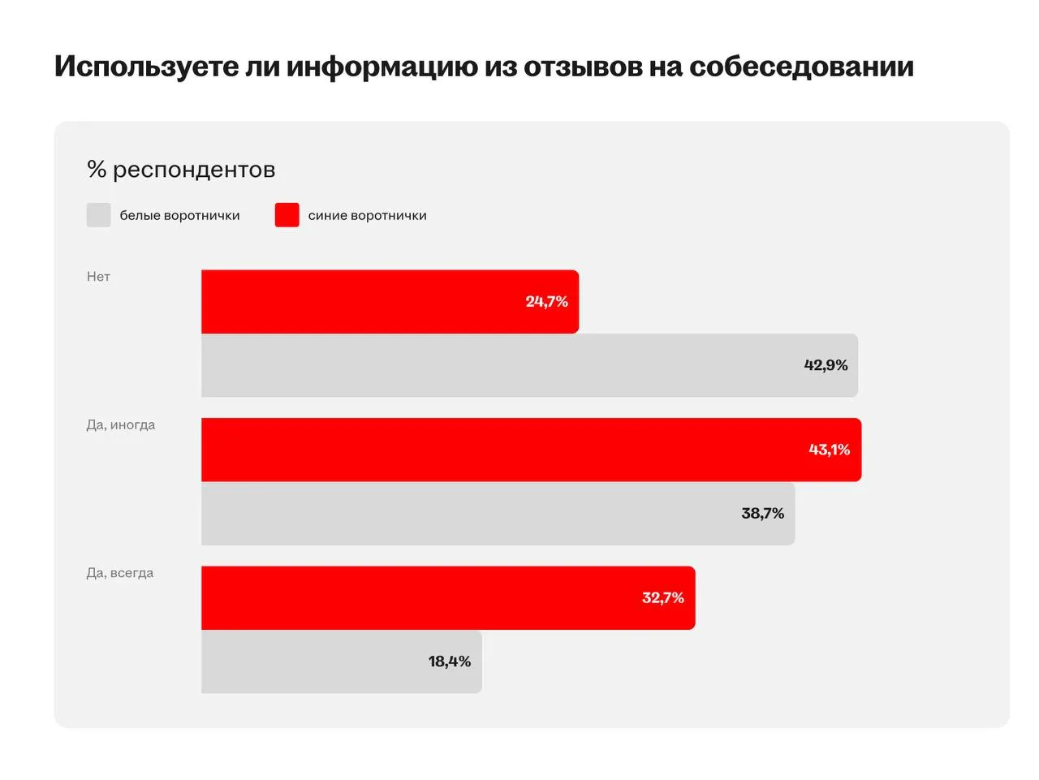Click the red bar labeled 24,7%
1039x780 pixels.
pyautogui.click(x=390, y=301)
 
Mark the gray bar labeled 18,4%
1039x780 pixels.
pyautogui.click(x=341, y=661)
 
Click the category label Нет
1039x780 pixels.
pyautogui.click(x=98, y=277)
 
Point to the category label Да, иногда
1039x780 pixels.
pyautogui.click(x=121, y=424)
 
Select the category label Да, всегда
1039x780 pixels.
pyautogui.click(x=120, y=573)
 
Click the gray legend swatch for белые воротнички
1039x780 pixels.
pyautogui.click(x=98, y=215)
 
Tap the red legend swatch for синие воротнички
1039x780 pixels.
pyautogui.click(x=287, y=215)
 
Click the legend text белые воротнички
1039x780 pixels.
pyautogui.click(x=179, y=216)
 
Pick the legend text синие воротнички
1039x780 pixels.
pyautogui.click(x=367, y=216)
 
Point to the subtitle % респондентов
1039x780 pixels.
pyautogui.click(x=181, y=170)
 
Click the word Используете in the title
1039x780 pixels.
pyautogui.click(x=146, y=67)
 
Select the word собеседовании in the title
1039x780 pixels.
pyautogui.click(x=801, y=67)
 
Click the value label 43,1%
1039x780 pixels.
pyautogui.click(x=829, y=450)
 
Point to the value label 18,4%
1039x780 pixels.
pyautogui.click(x=450, y=661)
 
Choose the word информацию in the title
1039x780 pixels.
pyautogui.click(x=381, y=67)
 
